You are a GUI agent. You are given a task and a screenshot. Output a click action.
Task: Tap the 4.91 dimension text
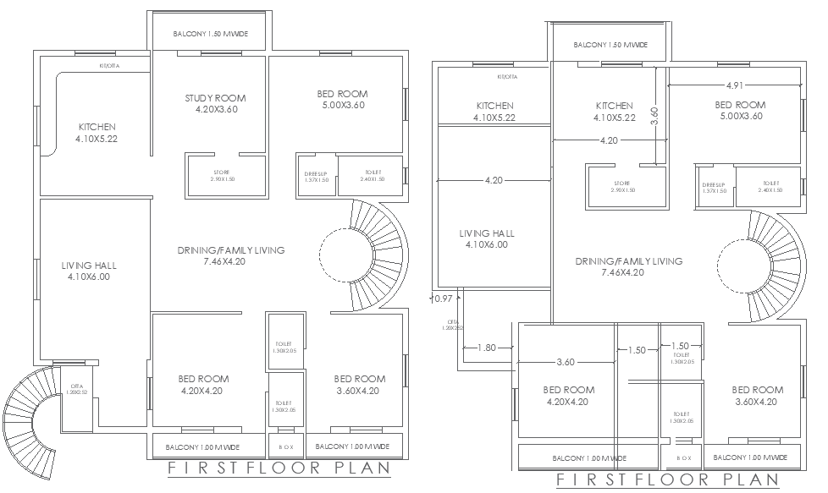coord(734,85)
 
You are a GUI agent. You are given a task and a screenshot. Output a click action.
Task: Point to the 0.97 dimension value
coord(441,299)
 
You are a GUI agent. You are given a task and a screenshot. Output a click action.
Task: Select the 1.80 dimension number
coord(486,348)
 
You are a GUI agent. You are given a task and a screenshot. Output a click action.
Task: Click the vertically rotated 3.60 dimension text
coord(654,116)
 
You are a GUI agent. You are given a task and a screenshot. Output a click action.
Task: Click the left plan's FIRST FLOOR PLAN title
coord(279,468)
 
